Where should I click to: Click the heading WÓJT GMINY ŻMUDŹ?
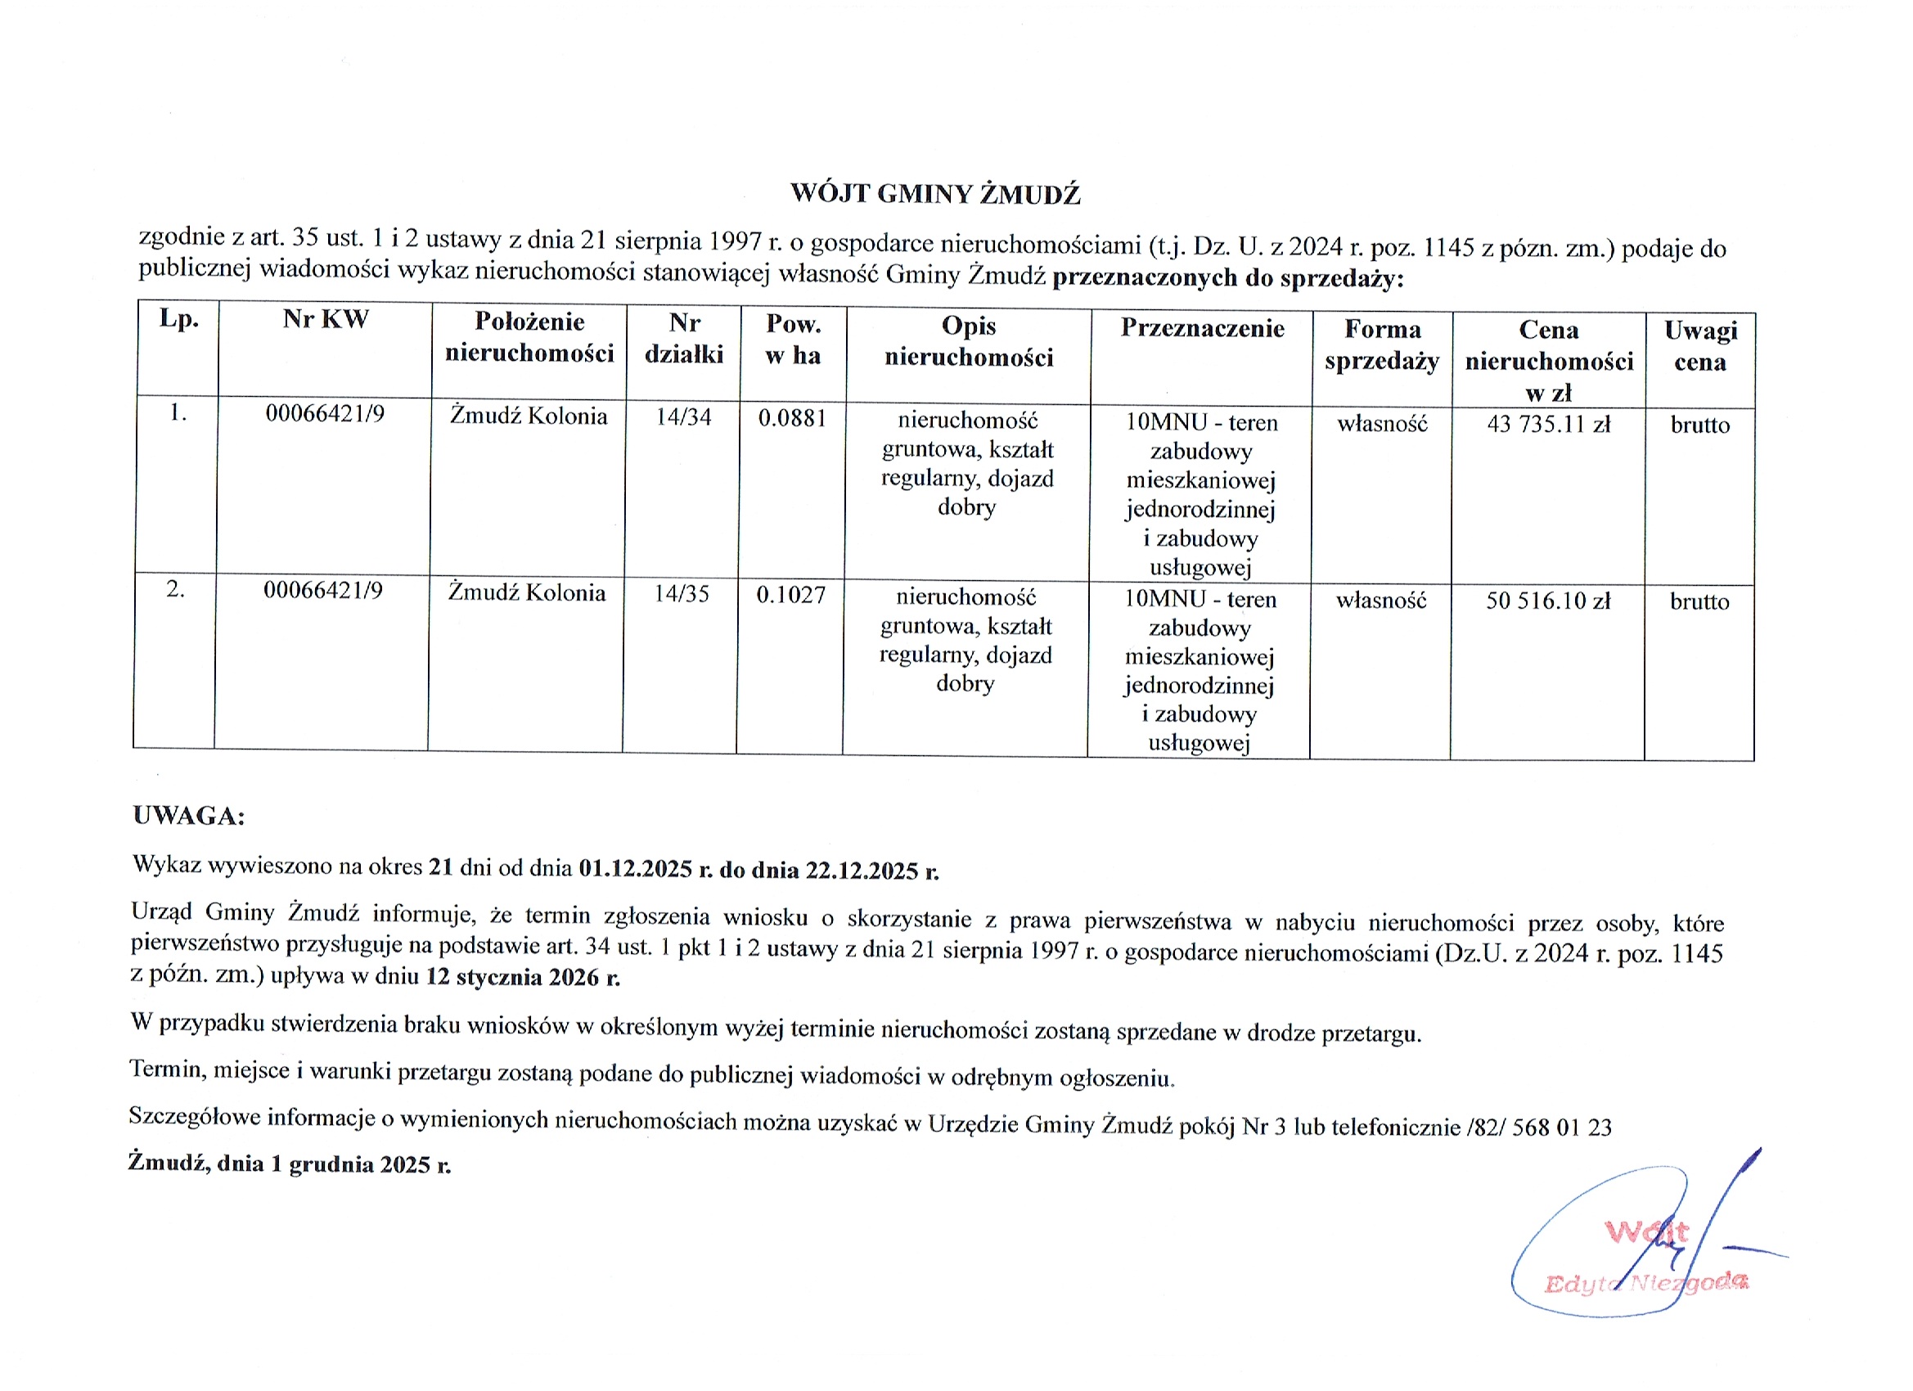click(x=934, y=194)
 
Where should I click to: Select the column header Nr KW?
click(x=326, y=320)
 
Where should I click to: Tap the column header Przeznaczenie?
click(x=1202, y=328)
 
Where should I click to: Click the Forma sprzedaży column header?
click(x=1382, y=345)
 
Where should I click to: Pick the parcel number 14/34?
click(x=683, y=416)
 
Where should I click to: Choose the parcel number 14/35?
click(x=682, y=594)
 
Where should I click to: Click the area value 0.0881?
click(x=792, y=418)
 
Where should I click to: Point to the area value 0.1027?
click(x=790, y=596)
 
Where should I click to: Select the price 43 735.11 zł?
click(x=1549, y=425)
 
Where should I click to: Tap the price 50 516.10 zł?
click(x=1548, y=601)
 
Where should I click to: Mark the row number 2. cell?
click(x=175, y=589)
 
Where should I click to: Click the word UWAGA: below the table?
click(x=189, y=816)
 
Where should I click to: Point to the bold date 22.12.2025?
click(x=862, y=871)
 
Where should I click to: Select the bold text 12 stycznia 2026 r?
click(x=523, y=978)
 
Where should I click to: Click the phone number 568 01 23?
click(x=1561, y=1128)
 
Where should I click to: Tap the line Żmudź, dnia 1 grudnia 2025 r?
click(x=290, y=1164)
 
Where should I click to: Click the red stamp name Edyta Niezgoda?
click(x=1645, y=1283)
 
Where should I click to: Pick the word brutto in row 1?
click(x=1699, y=425)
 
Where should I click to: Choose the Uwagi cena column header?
click(x=1700, y=346)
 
